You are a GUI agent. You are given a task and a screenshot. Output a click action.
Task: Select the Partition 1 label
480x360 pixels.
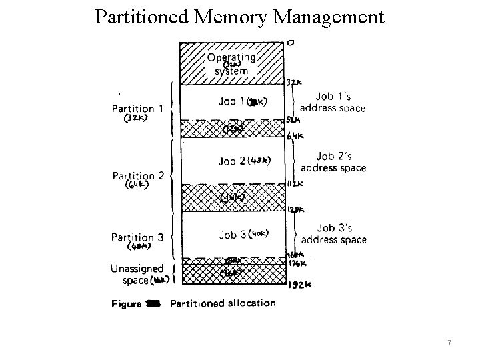[x=137, y=109]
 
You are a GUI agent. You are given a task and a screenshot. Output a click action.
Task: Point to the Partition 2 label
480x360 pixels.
[x=138, y=175]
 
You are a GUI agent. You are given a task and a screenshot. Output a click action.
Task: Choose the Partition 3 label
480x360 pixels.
[x=137, y=237]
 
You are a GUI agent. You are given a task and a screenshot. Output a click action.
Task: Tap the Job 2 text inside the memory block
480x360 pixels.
[x=231, y=161]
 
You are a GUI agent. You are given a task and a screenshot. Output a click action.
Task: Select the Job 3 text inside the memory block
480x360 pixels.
[x=232, y=234]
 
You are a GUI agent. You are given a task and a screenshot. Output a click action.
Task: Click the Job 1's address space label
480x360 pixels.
[x=333, y=103]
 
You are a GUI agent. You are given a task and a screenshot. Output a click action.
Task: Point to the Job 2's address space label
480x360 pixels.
[x=333, y=161]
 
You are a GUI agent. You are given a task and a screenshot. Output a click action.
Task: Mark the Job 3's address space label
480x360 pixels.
[x=333, y=233]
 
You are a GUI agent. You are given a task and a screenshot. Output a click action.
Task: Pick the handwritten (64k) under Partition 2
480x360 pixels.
[x=137, y=186]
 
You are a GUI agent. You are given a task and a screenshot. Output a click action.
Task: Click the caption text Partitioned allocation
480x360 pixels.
[x=223, y=303]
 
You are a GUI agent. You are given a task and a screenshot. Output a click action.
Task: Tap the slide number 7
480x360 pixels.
[x=449, y=343]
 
